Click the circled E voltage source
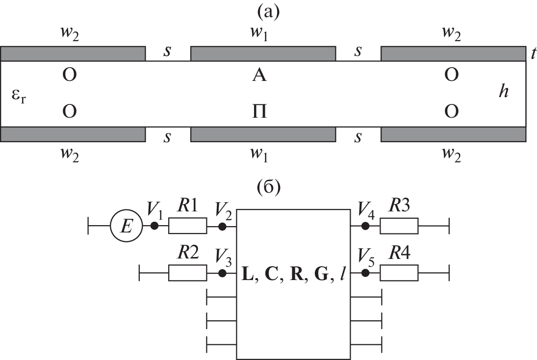(x=126, y=227)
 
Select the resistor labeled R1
(x=187, y=227)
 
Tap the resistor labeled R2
(x=187, y=273)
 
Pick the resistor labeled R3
(x=399, y=227)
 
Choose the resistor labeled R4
(x=399, y=273)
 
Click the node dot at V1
(x=154, y=227)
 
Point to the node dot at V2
(x=222, y=227)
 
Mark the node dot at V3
(x=222, y=273)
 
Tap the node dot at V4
(x=365, y=227)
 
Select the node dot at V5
(x=365, y=273)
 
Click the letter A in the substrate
(x=259, y=76)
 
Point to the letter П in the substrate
(x=259, y=112)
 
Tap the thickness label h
(x=503, y=92)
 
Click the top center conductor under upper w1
(x=263, y=53)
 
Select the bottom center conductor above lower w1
(x=263, y=134)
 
